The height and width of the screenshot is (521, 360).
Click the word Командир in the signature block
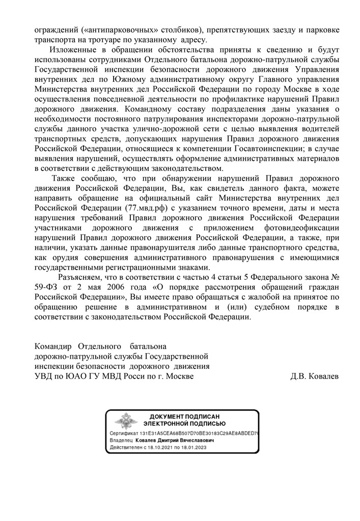(53, 346)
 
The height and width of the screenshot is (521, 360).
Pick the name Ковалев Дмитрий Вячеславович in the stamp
(175, 440)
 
